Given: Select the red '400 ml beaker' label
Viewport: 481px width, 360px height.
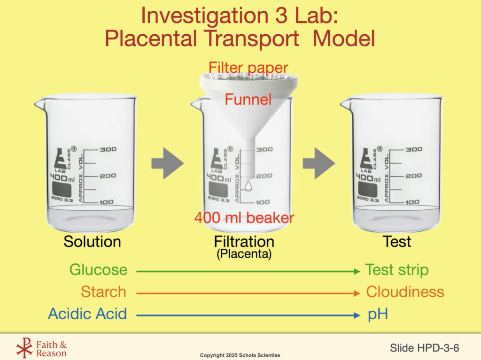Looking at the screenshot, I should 244,218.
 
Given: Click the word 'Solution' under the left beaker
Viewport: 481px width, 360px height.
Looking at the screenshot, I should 92,242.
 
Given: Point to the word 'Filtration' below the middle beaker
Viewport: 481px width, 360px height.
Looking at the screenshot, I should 244,242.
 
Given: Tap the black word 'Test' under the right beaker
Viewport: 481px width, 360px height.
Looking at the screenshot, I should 396,242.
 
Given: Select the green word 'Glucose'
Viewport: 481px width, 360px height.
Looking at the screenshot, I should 98,270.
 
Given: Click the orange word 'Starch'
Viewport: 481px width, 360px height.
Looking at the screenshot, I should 103,292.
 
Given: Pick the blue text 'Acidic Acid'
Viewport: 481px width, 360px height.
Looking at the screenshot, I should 87,314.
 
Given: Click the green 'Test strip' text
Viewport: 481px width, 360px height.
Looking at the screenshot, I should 397,270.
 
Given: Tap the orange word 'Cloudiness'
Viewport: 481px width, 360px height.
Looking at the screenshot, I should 405,292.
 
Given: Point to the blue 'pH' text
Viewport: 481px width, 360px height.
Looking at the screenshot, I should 378,314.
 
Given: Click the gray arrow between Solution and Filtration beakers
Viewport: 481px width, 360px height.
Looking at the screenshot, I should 167,163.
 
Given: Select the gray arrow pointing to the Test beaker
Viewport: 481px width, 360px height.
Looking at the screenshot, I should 318,163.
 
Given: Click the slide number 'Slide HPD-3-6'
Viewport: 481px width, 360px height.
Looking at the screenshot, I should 424,348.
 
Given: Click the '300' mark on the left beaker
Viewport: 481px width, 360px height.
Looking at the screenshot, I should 108,149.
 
